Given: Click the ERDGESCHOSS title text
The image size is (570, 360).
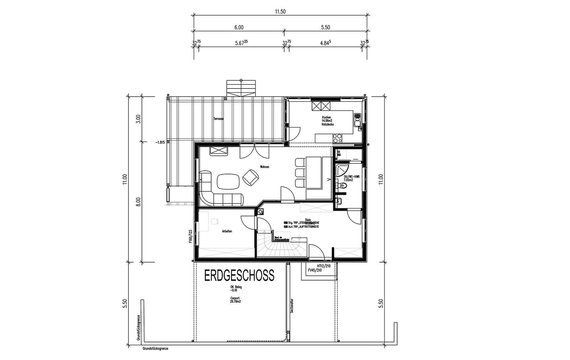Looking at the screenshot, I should pos(239,276).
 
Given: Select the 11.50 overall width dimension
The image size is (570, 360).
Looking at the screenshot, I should pos(280,12).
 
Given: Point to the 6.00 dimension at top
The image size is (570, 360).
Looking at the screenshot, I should pos(239,28).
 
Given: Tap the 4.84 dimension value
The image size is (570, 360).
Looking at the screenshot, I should pos(325,43).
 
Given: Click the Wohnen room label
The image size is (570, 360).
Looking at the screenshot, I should pos(264,167).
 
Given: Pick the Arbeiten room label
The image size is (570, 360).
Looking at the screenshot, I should pos(227,231).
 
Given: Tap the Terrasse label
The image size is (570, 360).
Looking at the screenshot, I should pos(218,119).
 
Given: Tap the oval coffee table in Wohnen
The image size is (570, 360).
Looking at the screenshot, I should pos(228,181).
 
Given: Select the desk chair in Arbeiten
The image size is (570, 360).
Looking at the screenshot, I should pos(215,221).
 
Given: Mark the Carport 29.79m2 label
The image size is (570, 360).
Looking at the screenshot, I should pos(235,300).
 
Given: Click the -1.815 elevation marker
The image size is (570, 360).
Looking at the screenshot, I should pos(160,142).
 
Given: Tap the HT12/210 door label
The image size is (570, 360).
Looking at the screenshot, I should pos(323,266).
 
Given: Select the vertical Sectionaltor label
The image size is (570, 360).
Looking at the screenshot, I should pos(292,306).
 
